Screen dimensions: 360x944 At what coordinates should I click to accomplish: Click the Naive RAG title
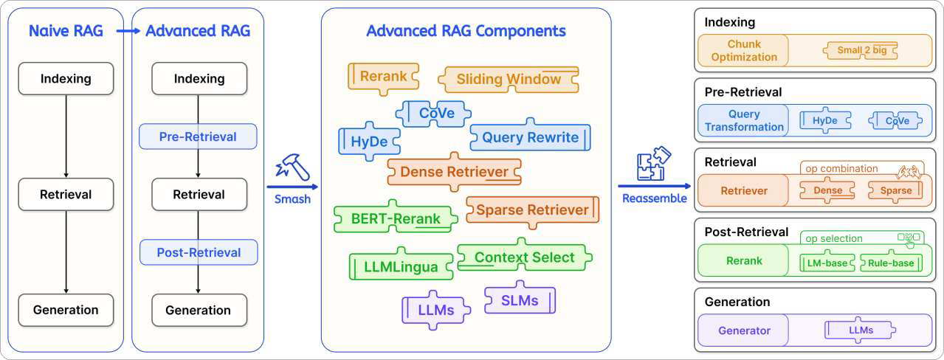coord(66,31)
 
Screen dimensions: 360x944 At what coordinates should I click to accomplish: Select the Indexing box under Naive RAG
coord(66,78)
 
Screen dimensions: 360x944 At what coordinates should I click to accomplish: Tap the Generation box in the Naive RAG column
coord(66,310)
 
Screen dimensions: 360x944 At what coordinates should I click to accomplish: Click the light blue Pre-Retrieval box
coord(198,136)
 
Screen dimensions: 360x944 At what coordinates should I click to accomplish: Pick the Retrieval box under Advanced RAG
coord(198,195)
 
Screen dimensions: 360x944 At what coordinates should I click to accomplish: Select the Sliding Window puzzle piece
coord(509,80)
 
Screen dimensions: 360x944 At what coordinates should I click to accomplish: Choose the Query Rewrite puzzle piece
coord(530,137)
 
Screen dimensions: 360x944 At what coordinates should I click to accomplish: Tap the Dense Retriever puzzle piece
coord(454,172)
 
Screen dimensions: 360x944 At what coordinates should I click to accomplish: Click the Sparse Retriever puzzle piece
coord(532,210)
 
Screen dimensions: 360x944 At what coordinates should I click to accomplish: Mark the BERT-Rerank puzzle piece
coord(396,218)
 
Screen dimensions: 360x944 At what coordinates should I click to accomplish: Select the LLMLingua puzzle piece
coord(401,266)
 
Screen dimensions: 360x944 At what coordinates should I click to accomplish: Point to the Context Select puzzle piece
coord(524,257)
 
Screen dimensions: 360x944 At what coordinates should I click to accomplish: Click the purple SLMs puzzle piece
coord(520,300)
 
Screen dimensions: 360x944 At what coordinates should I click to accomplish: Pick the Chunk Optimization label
coord(743,51)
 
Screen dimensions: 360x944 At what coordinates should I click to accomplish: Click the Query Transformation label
coord(744,121)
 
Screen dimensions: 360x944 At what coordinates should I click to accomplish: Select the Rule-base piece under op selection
coord(892,263)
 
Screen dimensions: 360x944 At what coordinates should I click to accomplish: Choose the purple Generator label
coord(744,330)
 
